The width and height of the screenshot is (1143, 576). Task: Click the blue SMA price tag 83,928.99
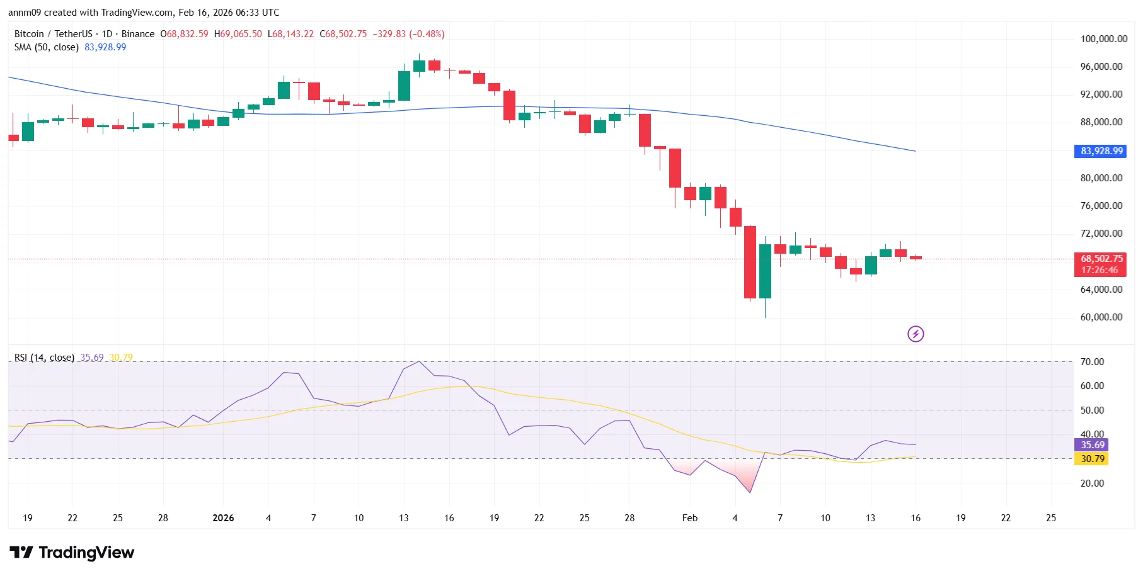1101,151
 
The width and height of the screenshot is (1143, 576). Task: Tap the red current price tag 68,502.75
1101,259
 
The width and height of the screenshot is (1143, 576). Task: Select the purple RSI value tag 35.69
1092,445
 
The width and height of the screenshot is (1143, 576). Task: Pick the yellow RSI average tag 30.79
1092,459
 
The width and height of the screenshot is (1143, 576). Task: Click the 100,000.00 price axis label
1103,39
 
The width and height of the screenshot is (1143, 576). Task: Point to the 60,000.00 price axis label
1101,317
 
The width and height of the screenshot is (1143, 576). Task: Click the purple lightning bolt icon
916,334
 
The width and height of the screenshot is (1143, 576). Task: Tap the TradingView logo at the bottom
72,553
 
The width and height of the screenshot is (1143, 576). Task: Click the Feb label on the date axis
690,518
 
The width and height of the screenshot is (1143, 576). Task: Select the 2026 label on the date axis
223,518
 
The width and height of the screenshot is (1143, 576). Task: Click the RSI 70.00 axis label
1092,362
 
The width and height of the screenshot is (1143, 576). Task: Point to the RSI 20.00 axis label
1092,483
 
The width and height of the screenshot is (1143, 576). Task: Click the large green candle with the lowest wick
765,271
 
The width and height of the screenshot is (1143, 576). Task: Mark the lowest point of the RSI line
750,492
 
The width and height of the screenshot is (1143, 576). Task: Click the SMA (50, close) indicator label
47,47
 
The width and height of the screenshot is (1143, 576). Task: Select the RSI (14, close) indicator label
44,358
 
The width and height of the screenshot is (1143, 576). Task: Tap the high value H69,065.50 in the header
238,34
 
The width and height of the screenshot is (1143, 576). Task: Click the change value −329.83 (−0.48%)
408,34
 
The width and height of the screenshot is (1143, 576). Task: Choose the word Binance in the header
138,34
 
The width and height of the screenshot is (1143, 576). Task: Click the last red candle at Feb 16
916,257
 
